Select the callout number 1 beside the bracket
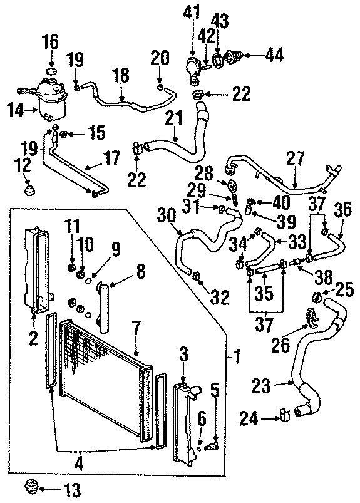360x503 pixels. [x=236, y=358]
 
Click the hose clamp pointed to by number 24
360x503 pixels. [x=282, y=414]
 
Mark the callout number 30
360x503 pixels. [x=167, y=214]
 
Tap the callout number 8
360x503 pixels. [x=139, y=272]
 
